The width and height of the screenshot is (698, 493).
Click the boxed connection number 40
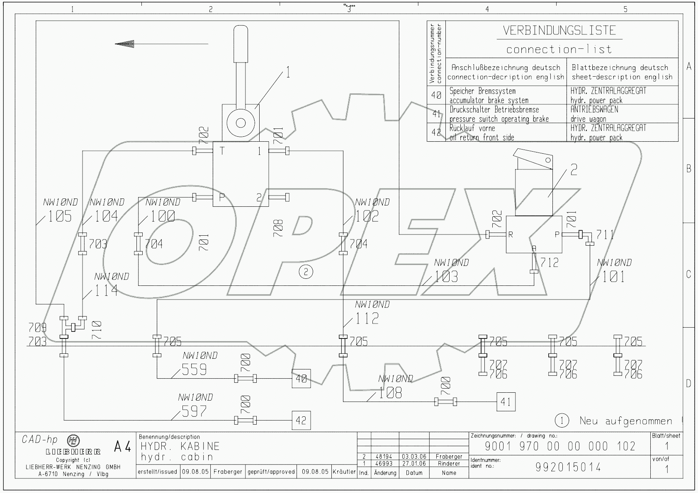click(301, 378)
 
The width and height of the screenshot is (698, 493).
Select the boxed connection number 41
click(506, 401)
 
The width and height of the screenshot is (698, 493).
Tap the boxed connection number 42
click(301, 420)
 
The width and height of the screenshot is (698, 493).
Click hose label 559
click(194, 369)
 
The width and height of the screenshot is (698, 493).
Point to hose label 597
click(194, 411)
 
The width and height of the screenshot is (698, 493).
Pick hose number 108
click(390, 392)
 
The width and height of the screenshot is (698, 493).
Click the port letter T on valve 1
click(222, 151)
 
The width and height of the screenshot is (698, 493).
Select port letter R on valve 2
click(511, 234)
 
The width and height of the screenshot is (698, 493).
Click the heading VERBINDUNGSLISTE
click(559, 30)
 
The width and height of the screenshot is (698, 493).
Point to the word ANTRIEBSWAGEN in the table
click(594, 109)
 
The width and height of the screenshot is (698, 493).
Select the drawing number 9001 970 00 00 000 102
click(560, 446)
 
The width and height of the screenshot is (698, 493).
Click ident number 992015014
click(568, 467)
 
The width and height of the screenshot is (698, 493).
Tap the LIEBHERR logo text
click(73, 451)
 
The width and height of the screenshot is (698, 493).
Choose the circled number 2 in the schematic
click(306, 272)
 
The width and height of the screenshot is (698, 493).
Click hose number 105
click(60, 216)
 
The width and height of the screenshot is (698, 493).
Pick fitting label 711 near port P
click(605, 235)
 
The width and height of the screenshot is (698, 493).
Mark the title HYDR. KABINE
click(180, 446)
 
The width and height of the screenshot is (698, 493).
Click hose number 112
click(367, 318)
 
